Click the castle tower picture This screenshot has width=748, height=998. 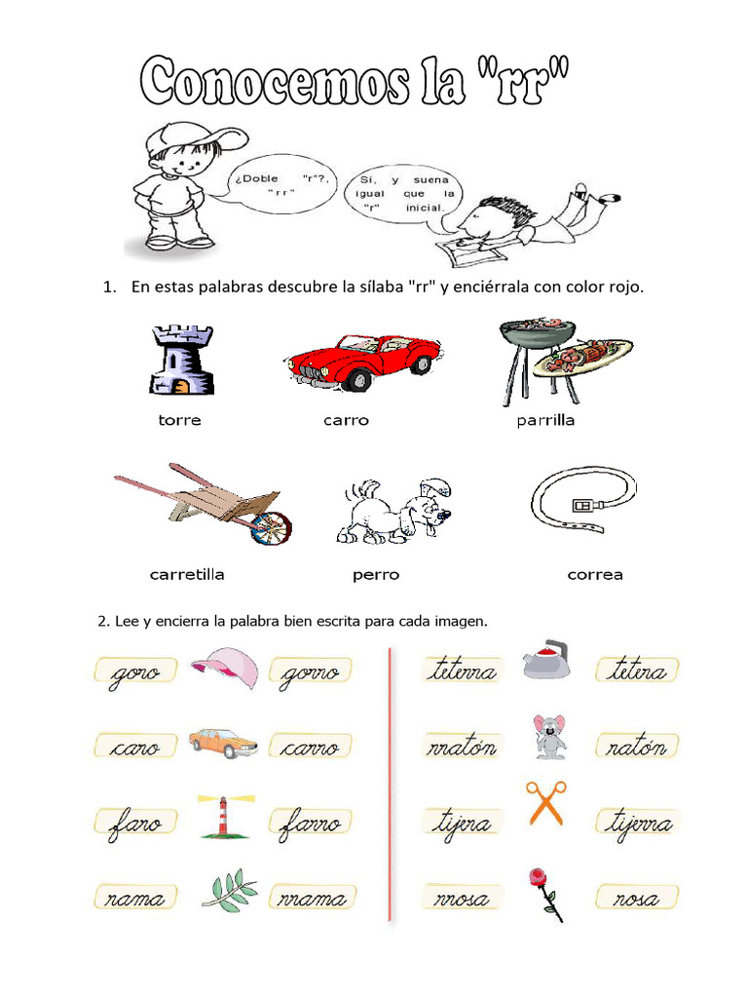180,361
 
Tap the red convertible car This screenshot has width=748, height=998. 362,359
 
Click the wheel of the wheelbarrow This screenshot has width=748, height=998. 272,527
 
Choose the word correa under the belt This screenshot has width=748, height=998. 594,575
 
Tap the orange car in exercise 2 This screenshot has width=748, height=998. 224,743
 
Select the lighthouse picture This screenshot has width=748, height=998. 223,816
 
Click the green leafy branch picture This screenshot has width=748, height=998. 230,890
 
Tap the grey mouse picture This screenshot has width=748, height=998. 548,736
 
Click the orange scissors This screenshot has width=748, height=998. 545,803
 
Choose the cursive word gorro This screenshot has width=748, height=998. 311,672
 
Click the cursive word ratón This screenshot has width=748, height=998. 638,748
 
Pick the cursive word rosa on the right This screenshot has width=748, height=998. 638,898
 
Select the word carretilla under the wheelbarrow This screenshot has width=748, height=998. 187,575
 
